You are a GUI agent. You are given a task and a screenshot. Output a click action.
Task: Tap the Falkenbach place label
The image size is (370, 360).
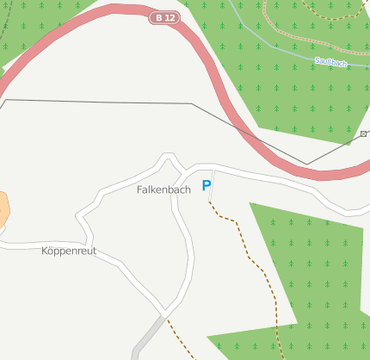pyautogui.click(x=163, y=189)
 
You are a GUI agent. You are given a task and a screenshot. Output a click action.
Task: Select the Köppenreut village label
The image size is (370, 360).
pyautogui.click(x=69, y=251)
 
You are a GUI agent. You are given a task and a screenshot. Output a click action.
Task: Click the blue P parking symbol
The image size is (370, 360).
pyautogui.click(x=207, y=185)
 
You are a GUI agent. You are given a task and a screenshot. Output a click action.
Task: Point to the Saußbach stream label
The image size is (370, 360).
pyautogui.click(x=331, y=62)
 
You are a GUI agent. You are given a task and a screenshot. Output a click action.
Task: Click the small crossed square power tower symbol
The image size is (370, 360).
pyautogui.click(x=364, y=133)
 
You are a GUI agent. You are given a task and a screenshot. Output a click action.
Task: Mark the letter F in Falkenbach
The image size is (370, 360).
pyautogui.click(x=139, y=189)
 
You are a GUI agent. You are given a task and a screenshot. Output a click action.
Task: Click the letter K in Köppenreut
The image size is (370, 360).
pyautogui.click(x=45, y=251)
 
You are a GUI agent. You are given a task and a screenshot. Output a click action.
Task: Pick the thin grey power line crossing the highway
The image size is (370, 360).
pyautogui.click(x=103, y=102)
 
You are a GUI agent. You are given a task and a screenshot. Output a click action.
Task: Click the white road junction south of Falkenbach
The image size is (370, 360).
pyautogui.click(x=163, y=307)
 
